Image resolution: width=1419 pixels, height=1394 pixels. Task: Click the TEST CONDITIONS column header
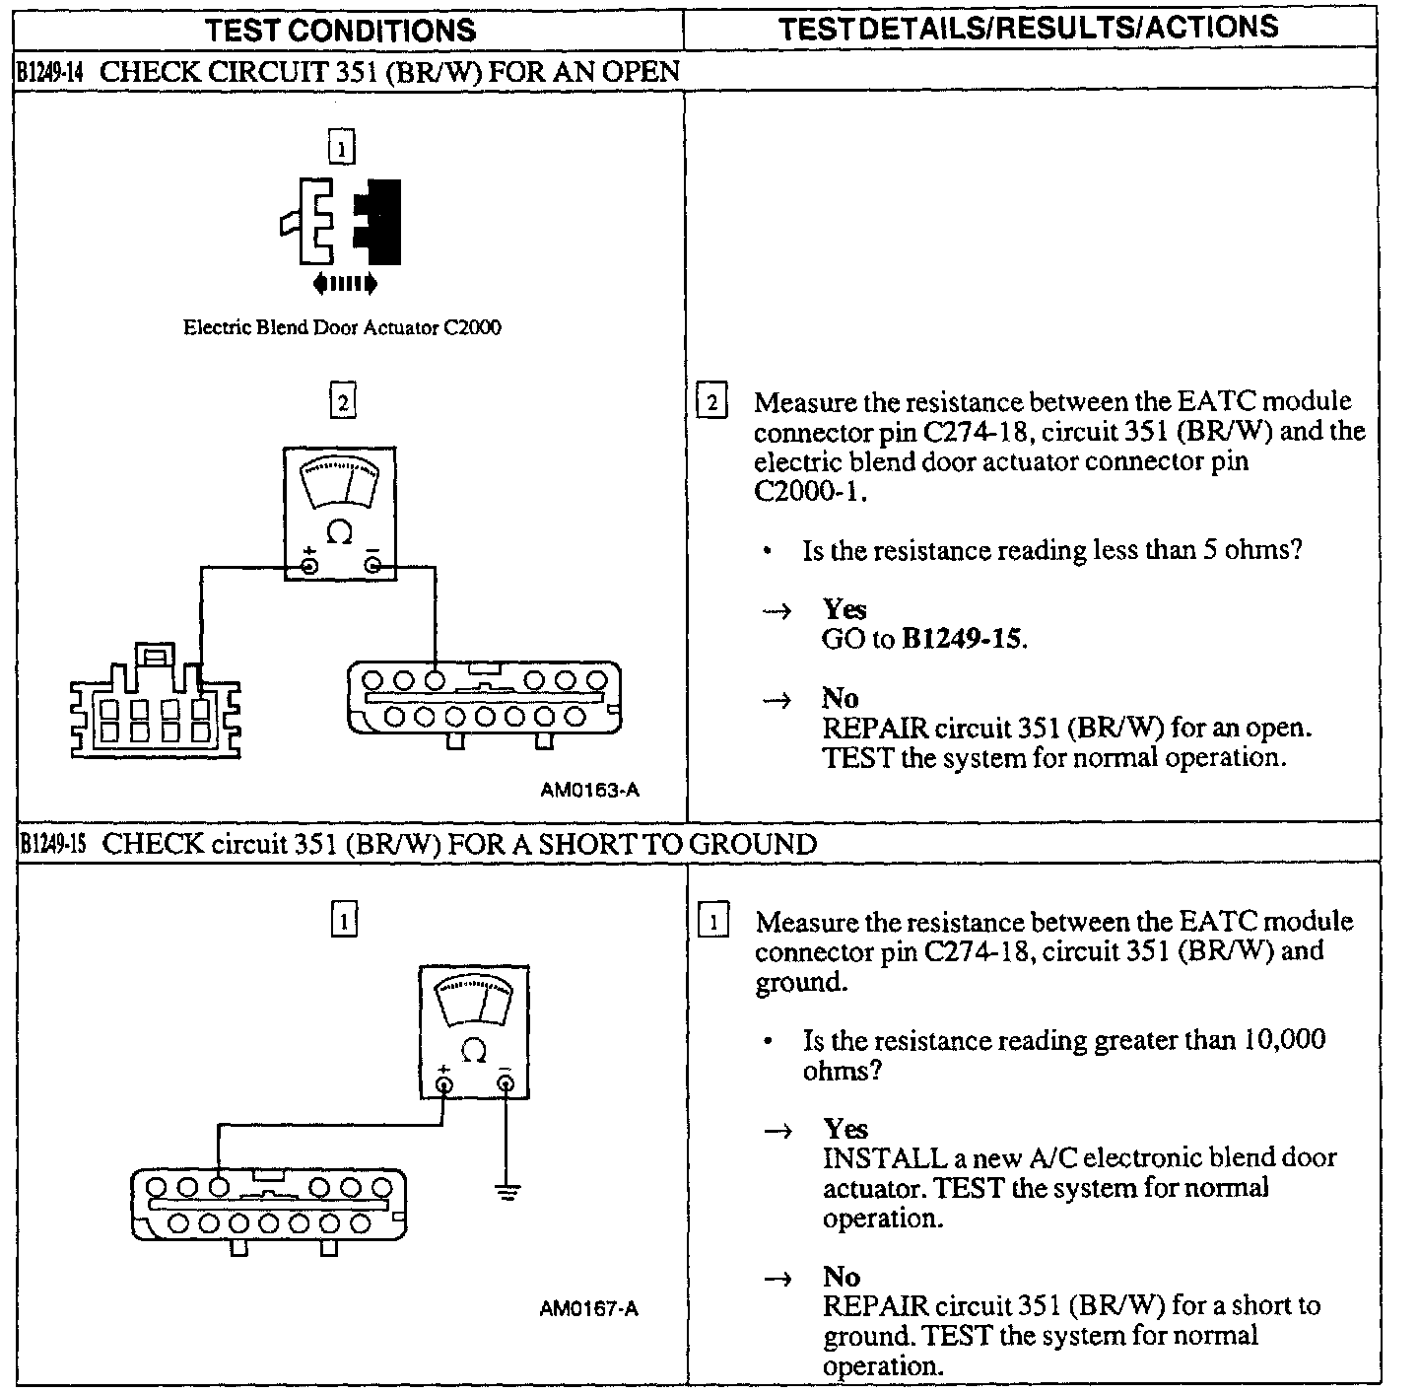click(340, 30)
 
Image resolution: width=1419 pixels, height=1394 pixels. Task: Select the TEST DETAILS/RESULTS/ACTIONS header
click(1029, 28)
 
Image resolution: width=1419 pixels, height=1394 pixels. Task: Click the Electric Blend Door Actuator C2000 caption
click(342, 327)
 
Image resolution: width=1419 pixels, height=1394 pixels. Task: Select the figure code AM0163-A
click(589, 790)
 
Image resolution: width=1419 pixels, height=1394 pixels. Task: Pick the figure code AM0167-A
click(589, 1309)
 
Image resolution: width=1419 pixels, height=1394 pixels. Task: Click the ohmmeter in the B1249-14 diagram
click(340, 513)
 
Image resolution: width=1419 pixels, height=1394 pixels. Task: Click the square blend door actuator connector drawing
click(156, 702)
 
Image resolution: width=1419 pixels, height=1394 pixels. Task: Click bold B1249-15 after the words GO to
click(963, 639)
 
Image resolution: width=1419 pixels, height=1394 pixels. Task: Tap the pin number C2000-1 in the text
click(809, 491)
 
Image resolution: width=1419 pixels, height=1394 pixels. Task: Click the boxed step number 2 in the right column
click(711, 402)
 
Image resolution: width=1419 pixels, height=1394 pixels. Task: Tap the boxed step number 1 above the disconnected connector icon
click(341, 149)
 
